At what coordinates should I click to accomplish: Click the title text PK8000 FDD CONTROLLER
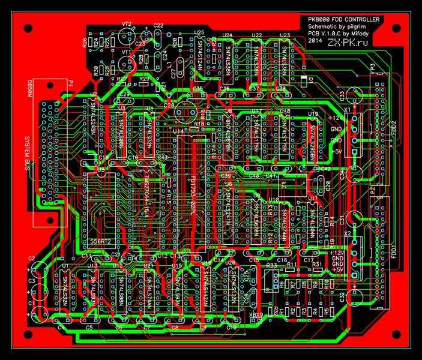coord(343,20)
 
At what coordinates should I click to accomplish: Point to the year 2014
coord(315,43)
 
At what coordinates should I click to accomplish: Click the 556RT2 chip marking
coord(100,241)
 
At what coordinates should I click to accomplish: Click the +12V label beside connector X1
coord(335,118)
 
